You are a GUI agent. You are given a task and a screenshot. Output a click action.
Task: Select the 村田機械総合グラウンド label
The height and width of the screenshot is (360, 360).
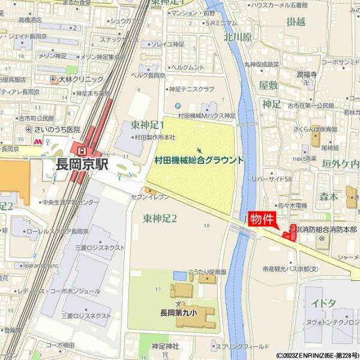click(199, 161)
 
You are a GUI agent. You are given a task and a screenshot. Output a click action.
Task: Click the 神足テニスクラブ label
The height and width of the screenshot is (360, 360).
click(191, 89)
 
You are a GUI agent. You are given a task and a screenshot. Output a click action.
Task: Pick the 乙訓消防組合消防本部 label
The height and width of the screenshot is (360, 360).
click(323, 230)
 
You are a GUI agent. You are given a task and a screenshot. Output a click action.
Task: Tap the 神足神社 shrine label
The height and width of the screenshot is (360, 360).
click(165, 346)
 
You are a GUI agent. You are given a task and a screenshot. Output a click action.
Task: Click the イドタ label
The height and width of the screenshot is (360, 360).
click(324, 304)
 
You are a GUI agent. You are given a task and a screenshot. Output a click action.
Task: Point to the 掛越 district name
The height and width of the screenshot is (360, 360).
click(296, 22)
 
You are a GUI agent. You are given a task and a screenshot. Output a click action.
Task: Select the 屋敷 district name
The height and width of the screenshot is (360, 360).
click(268, 86)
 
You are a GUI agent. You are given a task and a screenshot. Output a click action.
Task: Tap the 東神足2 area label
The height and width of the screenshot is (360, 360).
click(160, 218)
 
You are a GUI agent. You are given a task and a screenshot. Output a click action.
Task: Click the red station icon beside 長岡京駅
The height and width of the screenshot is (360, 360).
click(79, 148)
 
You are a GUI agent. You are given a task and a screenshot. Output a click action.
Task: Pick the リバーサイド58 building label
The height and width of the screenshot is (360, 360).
click(272, 179)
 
